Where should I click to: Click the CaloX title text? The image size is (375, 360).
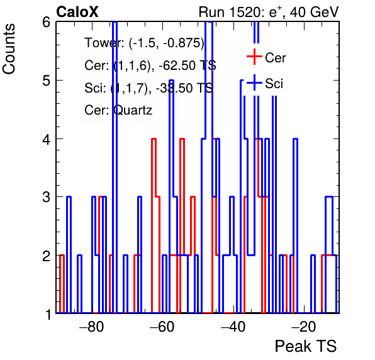tap(77, 12)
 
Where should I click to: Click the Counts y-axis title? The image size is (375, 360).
tap(9, 49)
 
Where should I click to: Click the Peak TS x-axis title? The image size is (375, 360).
tap(306, 346)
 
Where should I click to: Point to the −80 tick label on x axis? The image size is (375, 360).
tap(92, 327)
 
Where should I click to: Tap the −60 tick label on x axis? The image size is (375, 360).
tap(162, 327)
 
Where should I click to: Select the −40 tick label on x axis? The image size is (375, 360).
tap(233, 327)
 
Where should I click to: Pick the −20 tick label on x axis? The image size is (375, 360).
tap(304, 327)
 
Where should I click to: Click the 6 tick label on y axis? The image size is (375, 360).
tap(47, 23)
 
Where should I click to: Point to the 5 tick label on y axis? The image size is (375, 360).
tap(47, 81)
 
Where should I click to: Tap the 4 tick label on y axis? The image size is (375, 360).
tap(47, 139)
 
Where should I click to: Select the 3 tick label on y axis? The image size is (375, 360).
tap(47, 198)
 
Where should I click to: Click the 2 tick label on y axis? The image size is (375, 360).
tap(47, 256)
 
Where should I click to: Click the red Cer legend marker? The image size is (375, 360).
tap(254, 57)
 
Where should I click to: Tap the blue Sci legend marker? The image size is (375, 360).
tap(254, 83)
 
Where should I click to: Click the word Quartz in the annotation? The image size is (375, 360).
tap(133, 111)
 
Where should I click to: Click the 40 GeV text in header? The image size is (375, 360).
tap(314, 12)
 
